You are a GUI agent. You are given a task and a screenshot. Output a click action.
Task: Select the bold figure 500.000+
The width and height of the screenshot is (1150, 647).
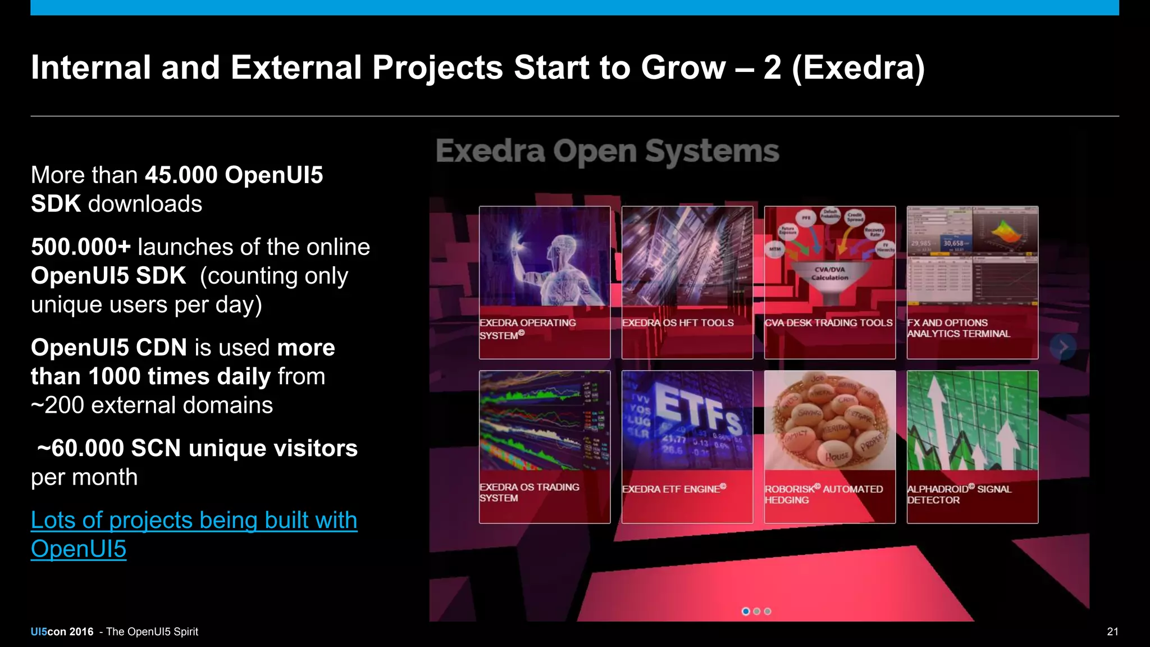(x=81, y=247)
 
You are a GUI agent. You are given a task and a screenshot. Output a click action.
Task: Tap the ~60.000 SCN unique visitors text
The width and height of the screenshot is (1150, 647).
(x=197, y=448)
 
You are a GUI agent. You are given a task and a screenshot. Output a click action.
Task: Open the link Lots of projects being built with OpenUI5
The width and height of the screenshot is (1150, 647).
(x=194, y=521)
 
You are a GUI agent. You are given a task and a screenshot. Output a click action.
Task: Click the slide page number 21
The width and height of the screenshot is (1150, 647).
(x=1112, y=631)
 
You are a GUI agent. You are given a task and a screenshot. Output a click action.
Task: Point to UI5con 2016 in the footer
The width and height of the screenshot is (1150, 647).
(x=62, y=631)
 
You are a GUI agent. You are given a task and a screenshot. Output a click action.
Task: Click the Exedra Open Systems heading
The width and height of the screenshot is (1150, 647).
(x=607, y=151)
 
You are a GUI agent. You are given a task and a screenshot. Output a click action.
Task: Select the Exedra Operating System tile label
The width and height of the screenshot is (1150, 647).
(x=528, y=329)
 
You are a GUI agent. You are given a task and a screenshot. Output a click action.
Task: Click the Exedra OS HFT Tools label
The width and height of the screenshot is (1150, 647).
(x=678, y=323)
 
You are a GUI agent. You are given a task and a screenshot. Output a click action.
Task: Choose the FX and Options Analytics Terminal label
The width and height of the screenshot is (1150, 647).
(x=959, y=328)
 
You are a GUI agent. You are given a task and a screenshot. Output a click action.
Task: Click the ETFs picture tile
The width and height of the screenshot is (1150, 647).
(x=687, y=420)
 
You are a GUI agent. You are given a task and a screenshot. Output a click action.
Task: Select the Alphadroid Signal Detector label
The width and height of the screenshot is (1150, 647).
(x=959, y=494)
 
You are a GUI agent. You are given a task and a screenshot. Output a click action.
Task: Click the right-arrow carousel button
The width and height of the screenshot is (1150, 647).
(x=1063, y=347)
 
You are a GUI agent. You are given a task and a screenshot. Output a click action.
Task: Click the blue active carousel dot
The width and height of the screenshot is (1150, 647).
(x=745, y=611)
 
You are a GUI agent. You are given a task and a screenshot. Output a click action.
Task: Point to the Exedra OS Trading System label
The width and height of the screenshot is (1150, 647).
(x=529, y=493)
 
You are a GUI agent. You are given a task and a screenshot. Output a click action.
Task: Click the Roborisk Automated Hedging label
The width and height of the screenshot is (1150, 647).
(x=823, y=494)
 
